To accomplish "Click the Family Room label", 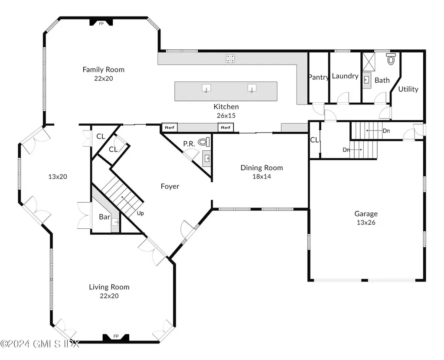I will click(x=103, y=69).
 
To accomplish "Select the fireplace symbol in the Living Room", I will click(x=116, y=337).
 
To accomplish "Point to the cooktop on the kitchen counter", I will click(x=231, y=58).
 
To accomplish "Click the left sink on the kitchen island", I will click(x=207, y=88).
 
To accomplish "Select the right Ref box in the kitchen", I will click(x=225, y=127).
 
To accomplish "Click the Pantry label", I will click(x=318, y=77).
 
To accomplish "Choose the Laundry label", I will click(x=345, y=76).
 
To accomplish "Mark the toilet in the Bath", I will click(x=391, y=59).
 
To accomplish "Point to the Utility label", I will click(x=408, y=89).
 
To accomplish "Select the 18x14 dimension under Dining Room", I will click(x=261, y=176).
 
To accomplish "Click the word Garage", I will click(x=366, y=214).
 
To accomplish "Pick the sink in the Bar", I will click(x=115, y=222).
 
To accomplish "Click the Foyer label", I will click(x=170, y=186).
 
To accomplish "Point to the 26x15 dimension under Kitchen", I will click(x=226, y=116).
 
